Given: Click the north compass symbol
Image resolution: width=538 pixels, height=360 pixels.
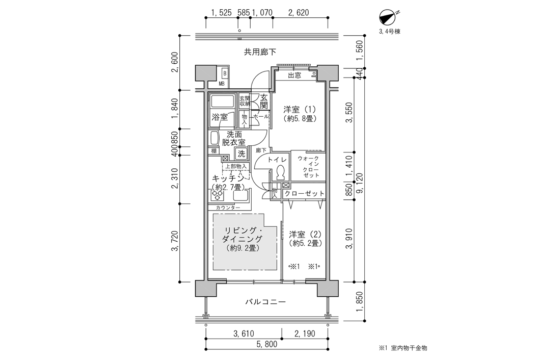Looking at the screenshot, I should tap(387, 18).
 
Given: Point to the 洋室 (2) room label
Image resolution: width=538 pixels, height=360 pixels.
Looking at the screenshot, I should tap(305, 235).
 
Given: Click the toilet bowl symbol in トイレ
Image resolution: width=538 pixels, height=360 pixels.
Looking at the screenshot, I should tap(280, 174).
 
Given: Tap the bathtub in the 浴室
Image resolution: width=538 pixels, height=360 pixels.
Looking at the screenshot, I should tap(222, 101).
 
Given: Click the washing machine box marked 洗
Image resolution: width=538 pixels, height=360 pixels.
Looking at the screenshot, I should tap(241, 152).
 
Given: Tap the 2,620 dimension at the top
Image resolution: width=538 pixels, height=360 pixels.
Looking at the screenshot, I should tap(299, 12).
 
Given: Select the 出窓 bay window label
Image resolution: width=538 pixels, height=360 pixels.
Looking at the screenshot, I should tap(294, 75).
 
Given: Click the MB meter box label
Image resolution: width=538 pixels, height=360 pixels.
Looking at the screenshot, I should tap(222, 83).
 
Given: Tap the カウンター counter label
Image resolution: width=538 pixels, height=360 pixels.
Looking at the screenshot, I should tap(228, 208).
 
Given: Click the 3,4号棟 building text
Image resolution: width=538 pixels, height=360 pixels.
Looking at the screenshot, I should tap(389, 32).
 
